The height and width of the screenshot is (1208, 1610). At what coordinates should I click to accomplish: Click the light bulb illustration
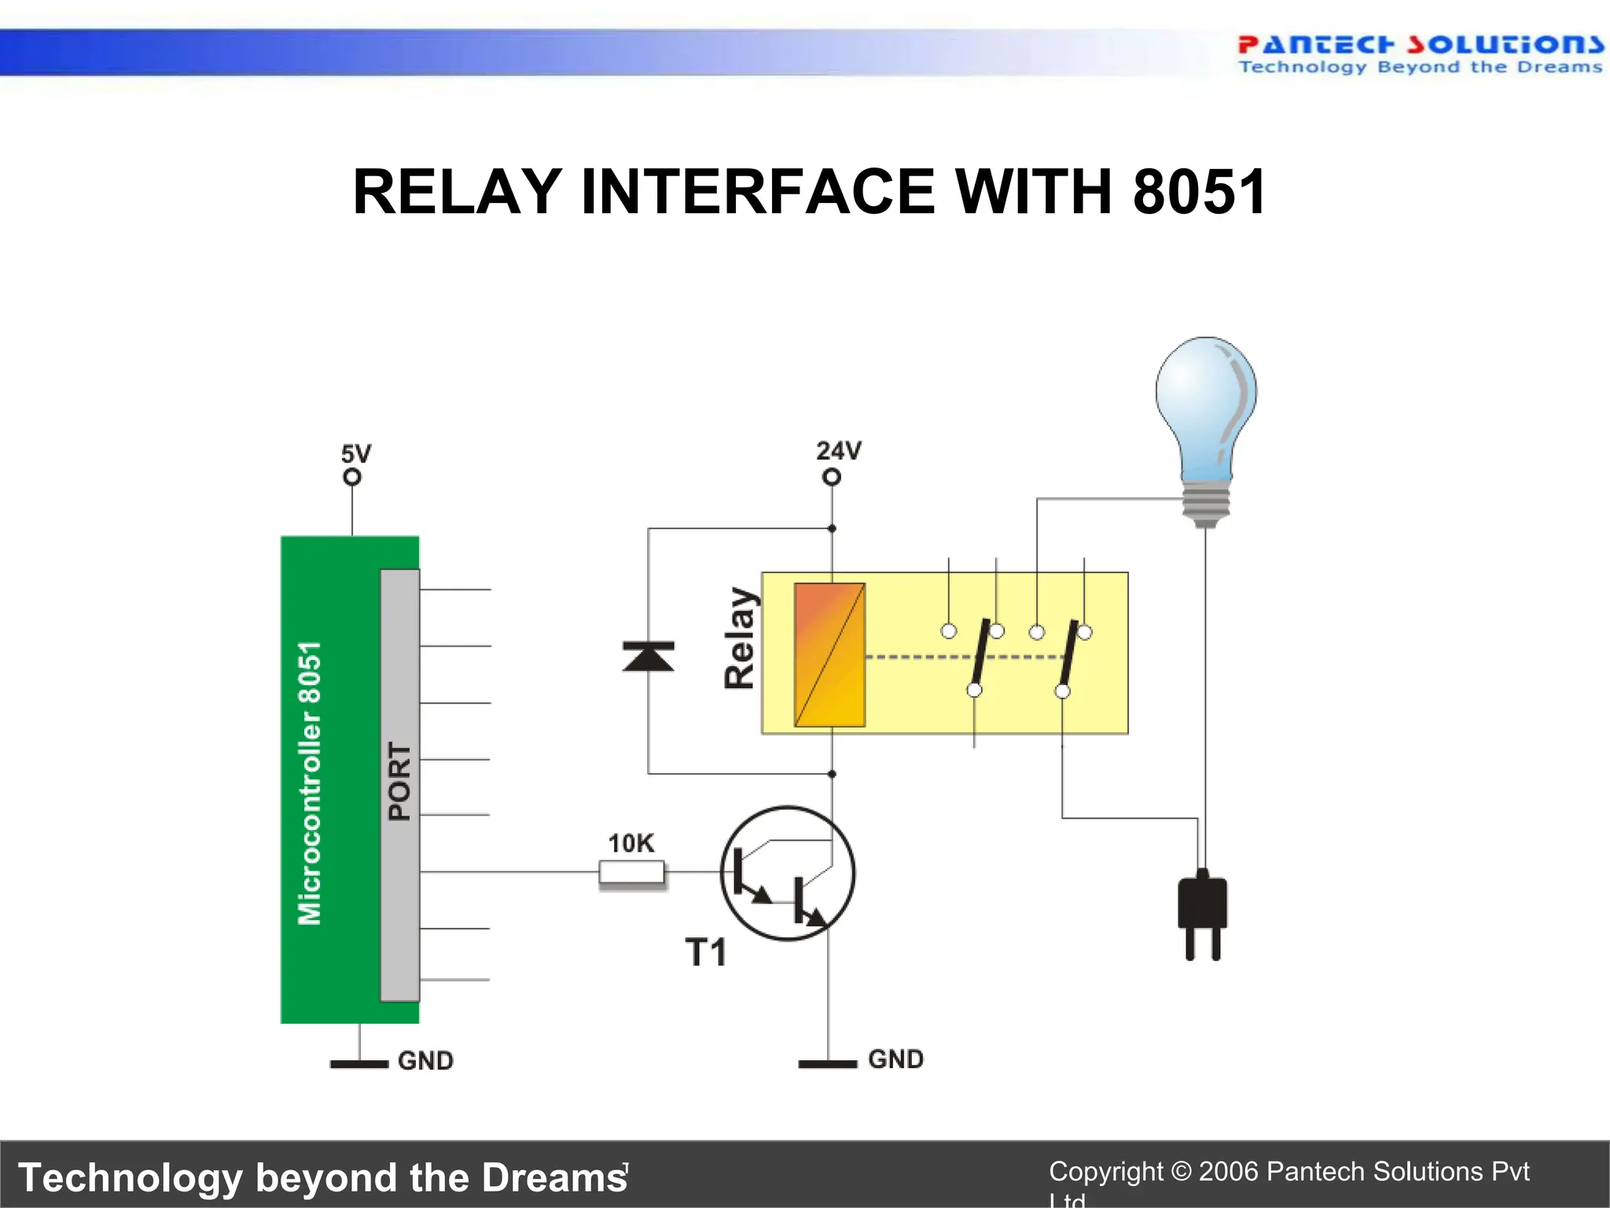click(1206, 425)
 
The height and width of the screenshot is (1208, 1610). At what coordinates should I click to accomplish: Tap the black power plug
click(1202, 912)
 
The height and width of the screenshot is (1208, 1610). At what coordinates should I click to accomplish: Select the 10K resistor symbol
click(631, 872)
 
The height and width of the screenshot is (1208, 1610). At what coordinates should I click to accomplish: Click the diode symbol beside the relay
click(648, 657)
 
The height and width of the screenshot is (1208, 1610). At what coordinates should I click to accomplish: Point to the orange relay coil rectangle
click(829, 654)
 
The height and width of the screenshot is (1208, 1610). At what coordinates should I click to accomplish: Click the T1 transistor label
click(705, 952)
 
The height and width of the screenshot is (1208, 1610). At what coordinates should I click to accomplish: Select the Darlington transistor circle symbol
click(788, 873)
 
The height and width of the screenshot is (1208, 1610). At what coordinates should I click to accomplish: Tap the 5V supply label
click(355, 454)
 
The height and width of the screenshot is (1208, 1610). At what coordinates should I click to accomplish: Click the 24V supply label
click(838, 451)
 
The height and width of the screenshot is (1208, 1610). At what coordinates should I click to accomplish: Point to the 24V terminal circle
click(832, 477)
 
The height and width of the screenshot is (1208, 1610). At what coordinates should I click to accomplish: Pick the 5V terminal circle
click(352, 477)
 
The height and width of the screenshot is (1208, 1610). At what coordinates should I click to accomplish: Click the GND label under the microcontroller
click(425, 1061)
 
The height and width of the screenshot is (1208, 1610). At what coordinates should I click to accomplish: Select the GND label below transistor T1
click(895, 1059)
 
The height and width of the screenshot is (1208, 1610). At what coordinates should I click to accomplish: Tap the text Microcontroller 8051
click(310, 783)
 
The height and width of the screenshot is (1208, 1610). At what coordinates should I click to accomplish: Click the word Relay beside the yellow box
click(740, 638)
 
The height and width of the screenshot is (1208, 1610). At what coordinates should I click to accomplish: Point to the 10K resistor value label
click(630, 843)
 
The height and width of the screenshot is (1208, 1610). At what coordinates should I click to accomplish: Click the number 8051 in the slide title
click(1199, 192)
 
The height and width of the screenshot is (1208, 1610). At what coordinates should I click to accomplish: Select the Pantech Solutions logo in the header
click(1420, 53)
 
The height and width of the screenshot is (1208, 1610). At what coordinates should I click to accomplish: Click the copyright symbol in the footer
click(1181, 1172)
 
